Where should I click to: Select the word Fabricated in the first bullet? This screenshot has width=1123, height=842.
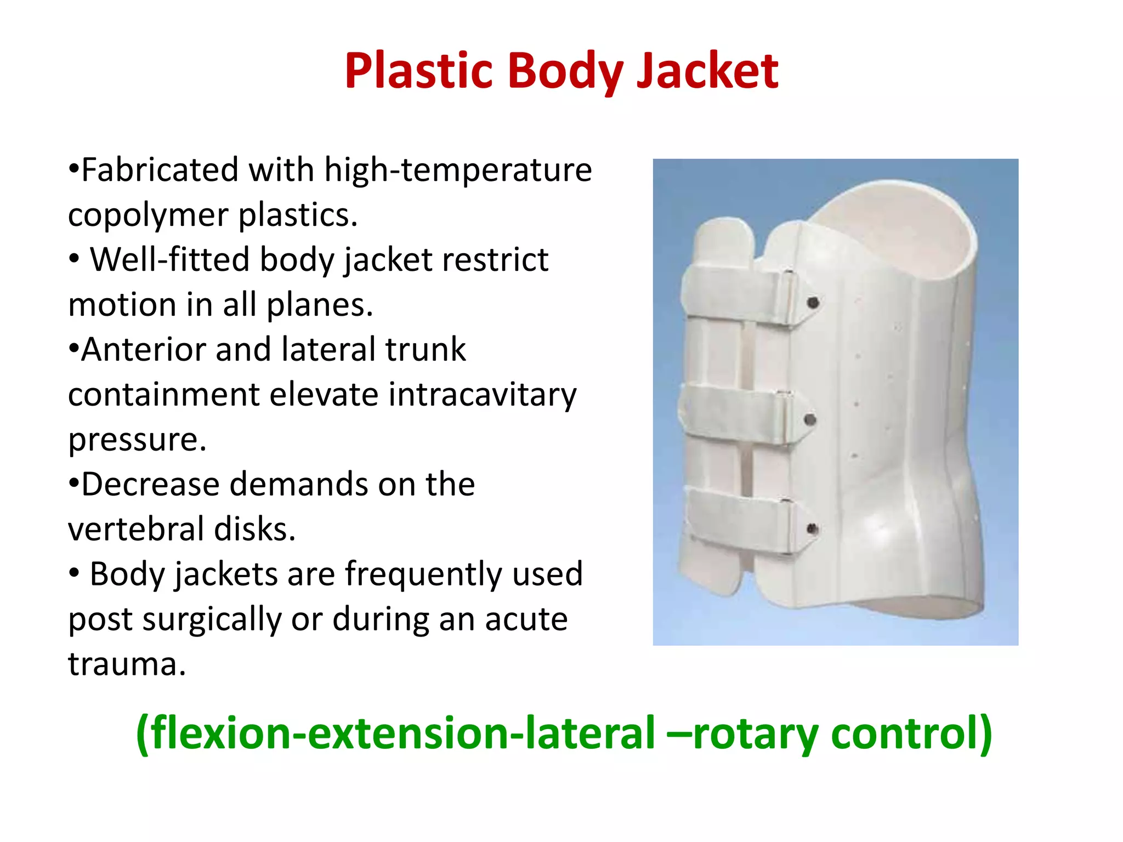[x=159, y=169]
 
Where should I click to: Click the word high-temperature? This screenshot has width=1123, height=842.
[x=458, y=169]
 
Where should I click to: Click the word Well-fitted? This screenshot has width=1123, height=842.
[x=169, y=259]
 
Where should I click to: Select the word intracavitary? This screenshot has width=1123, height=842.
[x=482, y=395]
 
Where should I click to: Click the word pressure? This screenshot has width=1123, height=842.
[x=137, y=440]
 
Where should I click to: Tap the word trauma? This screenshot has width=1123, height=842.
[x=127, y=664]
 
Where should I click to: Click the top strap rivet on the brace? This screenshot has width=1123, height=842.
[x=814, y=303]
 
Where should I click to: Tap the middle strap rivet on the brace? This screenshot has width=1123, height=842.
[x=809, y=420]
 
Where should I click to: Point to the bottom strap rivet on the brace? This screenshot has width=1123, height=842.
[x=812, y=529]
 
